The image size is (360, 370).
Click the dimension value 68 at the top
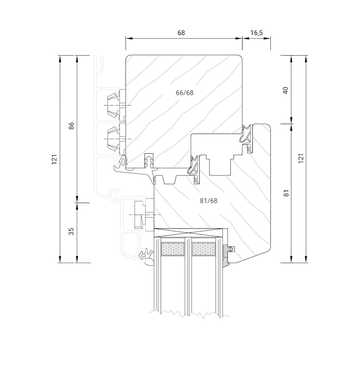(x=181, y=33)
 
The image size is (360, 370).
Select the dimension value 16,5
(x=256, y=33)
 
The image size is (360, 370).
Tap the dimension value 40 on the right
(x=286, y=90)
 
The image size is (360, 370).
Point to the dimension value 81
(x=286, y=193)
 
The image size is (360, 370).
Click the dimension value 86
(x=72, y=126)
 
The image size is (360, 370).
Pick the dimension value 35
(x=71, y=231)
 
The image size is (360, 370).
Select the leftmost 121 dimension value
(x=54, y=159)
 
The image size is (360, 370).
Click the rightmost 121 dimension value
(x=301, y=158)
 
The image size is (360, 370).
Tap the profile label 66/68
(x=184, y=93)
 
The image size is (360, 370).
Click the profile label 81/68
(x=209, y=201)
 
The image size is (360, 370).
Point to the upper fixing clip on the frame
(x=112, y=105)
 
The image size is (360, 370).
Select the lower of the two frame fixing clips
(x=112, y=139)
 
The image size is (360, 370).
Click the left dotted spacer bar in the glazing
(x=173, y=249)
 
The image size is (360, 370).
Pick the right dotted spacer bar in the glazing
(x=203, y=249)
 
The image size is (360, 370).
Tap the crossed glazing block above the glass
(x=189, y=233)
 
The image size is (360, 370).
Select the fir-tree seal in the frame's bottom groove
(x=148, y=160)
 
